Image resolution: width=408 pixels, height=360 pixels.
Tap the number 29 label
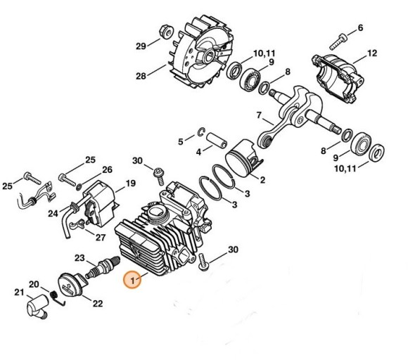tap(141, 46)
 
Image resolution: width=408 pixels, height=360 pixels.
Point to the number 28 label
tap(141, 75)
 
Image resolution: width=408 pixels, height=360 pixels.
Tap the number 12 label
tap(372, 53)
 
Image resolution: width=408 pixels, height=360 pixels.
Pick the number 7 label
tap(259, 115)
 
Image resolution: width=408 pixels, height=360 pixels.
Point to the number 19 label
tap(130, 184)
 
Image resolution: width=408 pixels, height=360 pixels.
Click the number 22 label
tap(98, 303)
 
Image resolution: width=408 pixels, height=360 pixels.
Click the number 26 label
tap(107, 169)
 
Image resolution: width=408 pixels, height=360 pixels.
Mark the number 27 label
tap(100, 237)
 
